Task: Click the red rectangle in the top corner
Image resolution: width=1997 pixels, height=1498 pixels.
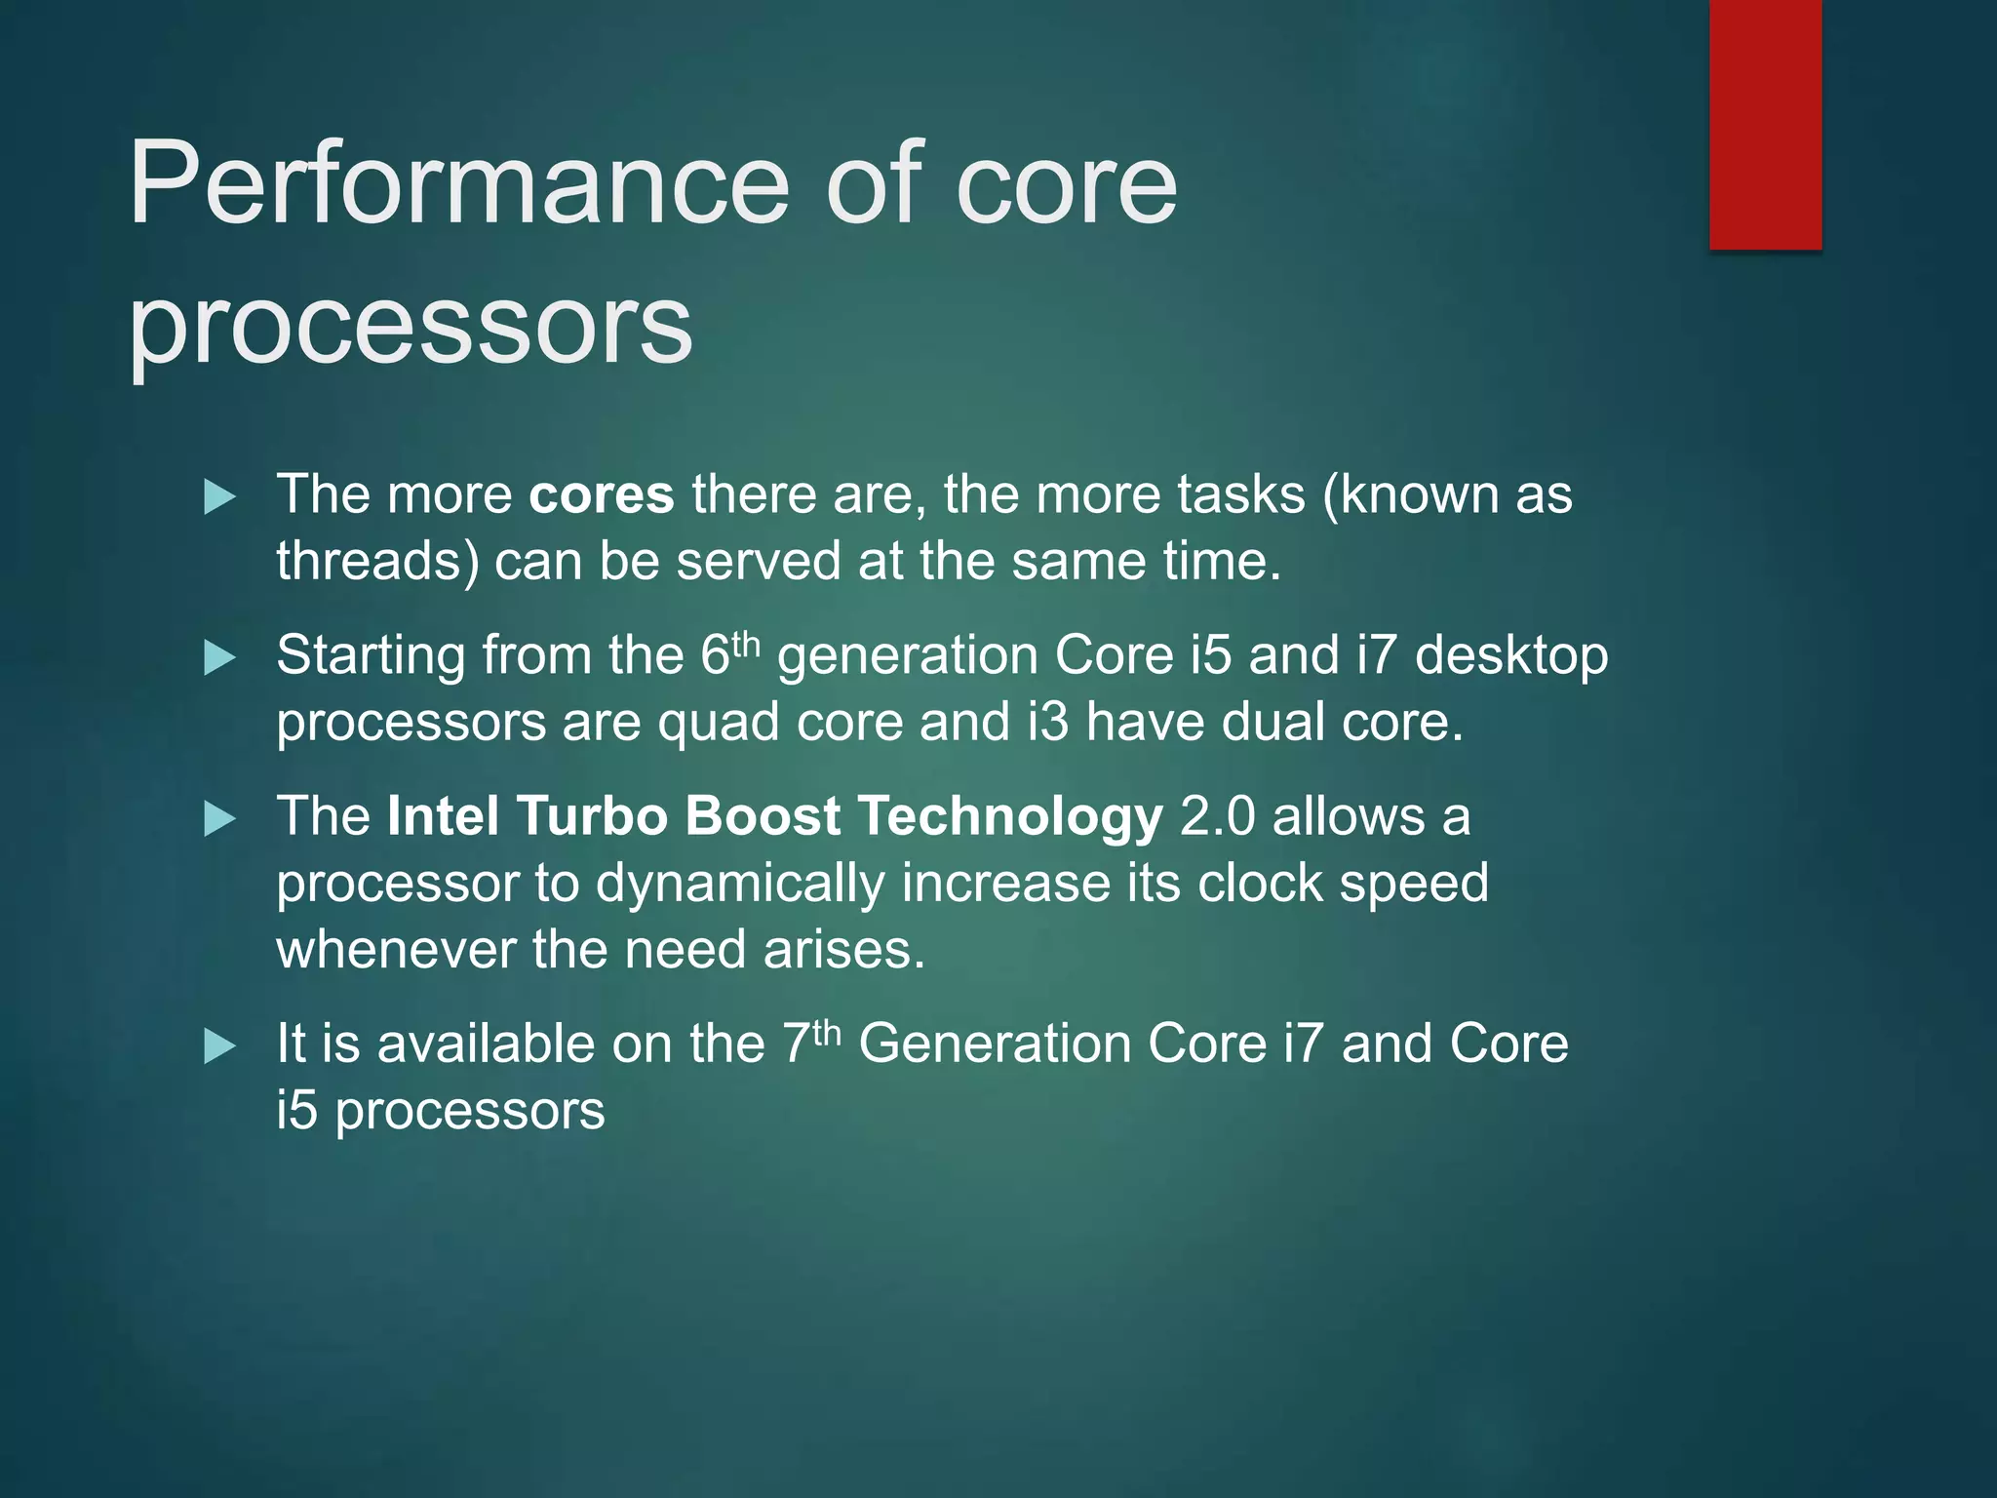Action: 1765,124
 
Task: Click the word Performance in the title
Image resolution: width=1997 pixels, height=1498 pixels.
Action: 458,184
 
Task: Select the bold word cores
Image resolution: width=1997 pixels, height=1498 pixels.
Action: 601,494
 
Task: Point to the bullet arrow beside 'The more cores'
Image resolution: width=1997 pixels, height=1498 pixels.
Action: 220,497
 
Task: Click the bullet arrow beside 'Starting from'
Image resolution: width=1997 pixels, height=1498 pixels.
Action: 220,658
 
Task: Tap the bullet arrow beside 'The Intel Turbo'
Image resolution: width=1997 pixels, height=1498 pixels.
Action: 220,819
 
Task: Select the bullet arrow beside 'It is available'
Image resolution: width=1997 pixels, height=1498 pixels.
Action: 220,1047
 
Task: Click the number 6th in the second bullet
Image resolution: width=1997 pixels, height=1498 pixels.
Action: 729,653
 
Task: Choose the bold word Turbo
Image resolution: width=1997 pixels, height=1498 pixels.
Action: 591,816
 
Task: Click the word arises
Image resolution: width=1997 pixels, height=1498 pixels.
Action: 843,950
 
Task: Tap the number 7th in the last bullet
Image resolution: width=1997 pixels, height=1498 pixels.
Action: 811,1043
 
